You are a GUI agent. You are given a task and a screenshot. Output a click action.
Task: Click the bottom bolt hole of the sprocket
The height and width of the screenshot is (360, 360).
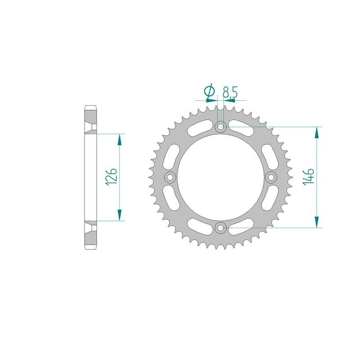click(220, 228)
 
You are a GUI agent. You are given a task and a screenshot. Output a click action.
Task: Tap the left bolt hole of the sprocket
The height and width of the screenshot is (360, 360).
click(170, 177)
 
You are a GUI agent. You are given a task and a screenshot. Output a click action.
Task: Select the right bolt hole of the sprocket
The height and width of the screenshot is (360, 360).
click(271, 177)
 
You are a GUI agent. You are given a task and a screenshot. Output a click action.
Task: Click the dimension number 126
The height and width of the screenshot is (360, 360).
click(113, 177)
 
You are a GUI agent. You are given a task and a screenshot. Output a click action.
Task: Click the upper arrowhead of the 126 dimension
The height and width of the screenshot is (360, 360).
click(120, 139)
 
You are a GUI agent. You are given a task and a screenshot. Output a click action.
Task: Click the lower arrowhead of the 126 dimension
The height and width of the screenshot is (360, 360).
click(120, 215)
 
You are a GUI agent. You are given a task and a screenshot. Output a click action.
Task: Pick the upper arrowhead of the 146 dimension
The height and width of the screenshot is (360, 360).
click(317, 133)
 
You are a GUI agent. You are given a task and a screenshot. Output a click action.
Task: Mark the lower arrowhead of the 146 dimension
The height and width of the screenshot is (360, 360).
click(317, 222)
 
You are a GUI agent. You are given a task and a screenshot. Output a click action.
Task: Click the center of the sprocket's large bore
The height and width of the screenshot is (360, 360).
click(220, 177)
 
